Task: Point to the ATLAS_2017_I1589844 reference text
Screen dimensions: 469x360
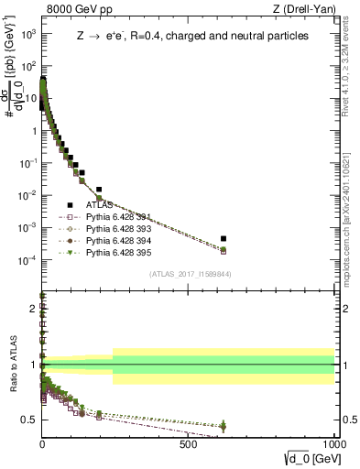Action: click(191, 274)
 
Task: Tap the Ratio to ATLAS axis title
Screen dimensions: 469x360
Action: click(13, 365)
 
